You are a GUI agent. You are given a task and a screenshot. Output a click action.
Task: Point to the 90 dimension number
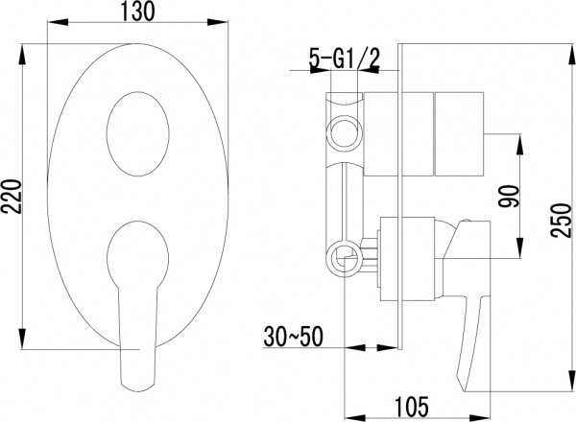(507, 197)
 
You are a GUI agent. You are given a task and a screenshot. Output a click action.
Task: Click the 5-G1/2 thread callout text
(344, 59)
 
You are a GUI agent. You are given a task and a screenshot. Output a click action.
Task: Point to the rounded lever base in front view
(137, 252)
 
